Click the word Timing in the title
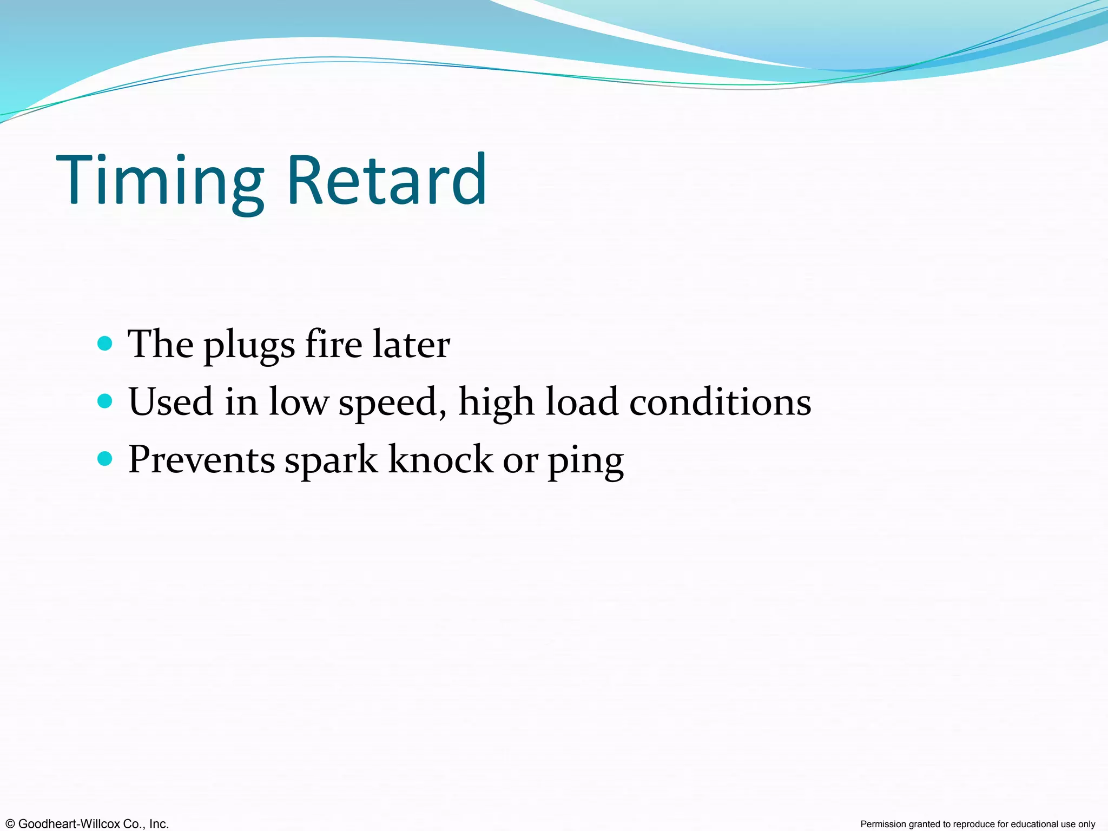(160, 181)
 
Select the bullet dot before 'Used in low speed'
(105, 401)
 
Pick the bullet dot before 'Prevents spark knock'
(105, 459)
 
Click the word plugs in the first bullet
(249, 346)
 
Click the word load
(582, 402)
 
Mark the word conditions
(720, 402)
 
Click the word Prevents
(202, 460)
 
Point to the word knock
(440, 460)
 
